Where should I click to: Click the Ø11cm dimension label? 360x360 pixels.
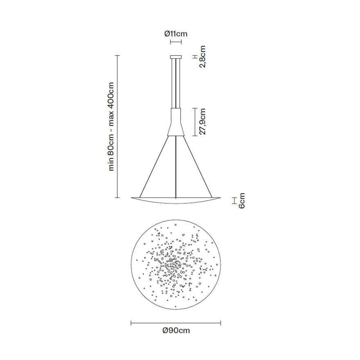[x=176, y=34]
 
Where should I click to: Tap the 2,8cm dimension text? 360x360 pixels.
[x=202, y=56]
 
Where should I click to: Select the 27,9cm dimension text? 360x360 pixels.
[x=202, y=122]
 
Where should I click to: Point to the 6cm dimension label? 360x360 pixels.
[x=242, y=200]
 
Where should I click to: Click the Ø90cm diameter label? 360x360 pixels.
[x=176, y=331]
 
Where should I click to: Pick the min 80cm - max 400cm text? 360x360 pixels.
[x=111, y=126]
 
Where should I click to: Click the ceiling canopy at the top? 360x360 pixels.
[x=176, y=57]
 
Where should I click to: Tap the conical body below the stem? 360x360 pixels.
[x=176, y=122]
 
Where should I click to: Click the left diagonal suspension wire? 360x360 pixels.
[x=154, y=166]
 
